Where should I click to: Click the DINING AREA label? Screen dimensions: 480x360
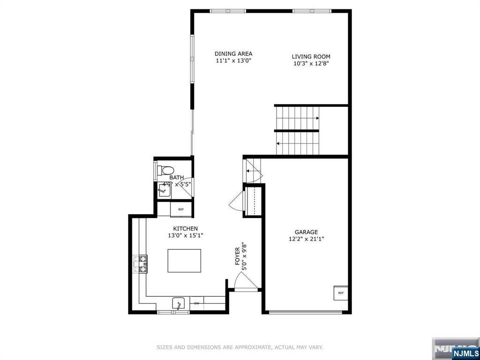tap(233, 54)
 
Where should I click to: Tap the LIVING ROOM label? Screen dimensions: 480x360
tap(311, 57)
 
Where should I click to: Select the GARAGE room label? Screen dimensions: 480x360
tap(306, 232)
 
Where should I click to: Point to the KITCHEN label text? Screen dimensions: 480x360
tap(186, 229)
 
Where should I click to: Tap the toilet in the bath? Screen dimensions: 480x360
tap(165, 170)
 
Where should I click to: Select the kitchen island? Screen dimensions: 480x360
tap(184, 261)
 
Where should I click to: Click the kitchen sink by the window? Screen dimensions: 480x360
tap(178, 304)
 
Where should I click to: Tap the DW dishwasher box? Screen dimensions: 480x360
tap(196, 303)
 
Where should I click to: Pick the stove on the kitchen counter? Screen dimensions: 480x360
tap(140, 264)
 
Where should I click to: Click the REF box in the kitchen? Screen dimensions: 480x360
tap(181, 210)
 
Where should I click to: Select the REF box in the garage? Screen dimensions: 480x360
tap(341, 293)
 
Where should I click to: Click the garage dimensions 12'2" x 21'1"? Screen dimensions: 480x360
tap(306, 239)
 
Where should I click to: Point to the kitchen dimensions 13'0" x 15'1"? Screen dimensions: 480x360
tap(186, 235)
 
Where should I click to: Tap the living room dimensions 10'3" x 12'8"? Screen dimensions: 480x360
tap(311, 64)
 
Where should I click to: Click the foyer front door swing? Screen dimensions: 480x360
tap(246, 281)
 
